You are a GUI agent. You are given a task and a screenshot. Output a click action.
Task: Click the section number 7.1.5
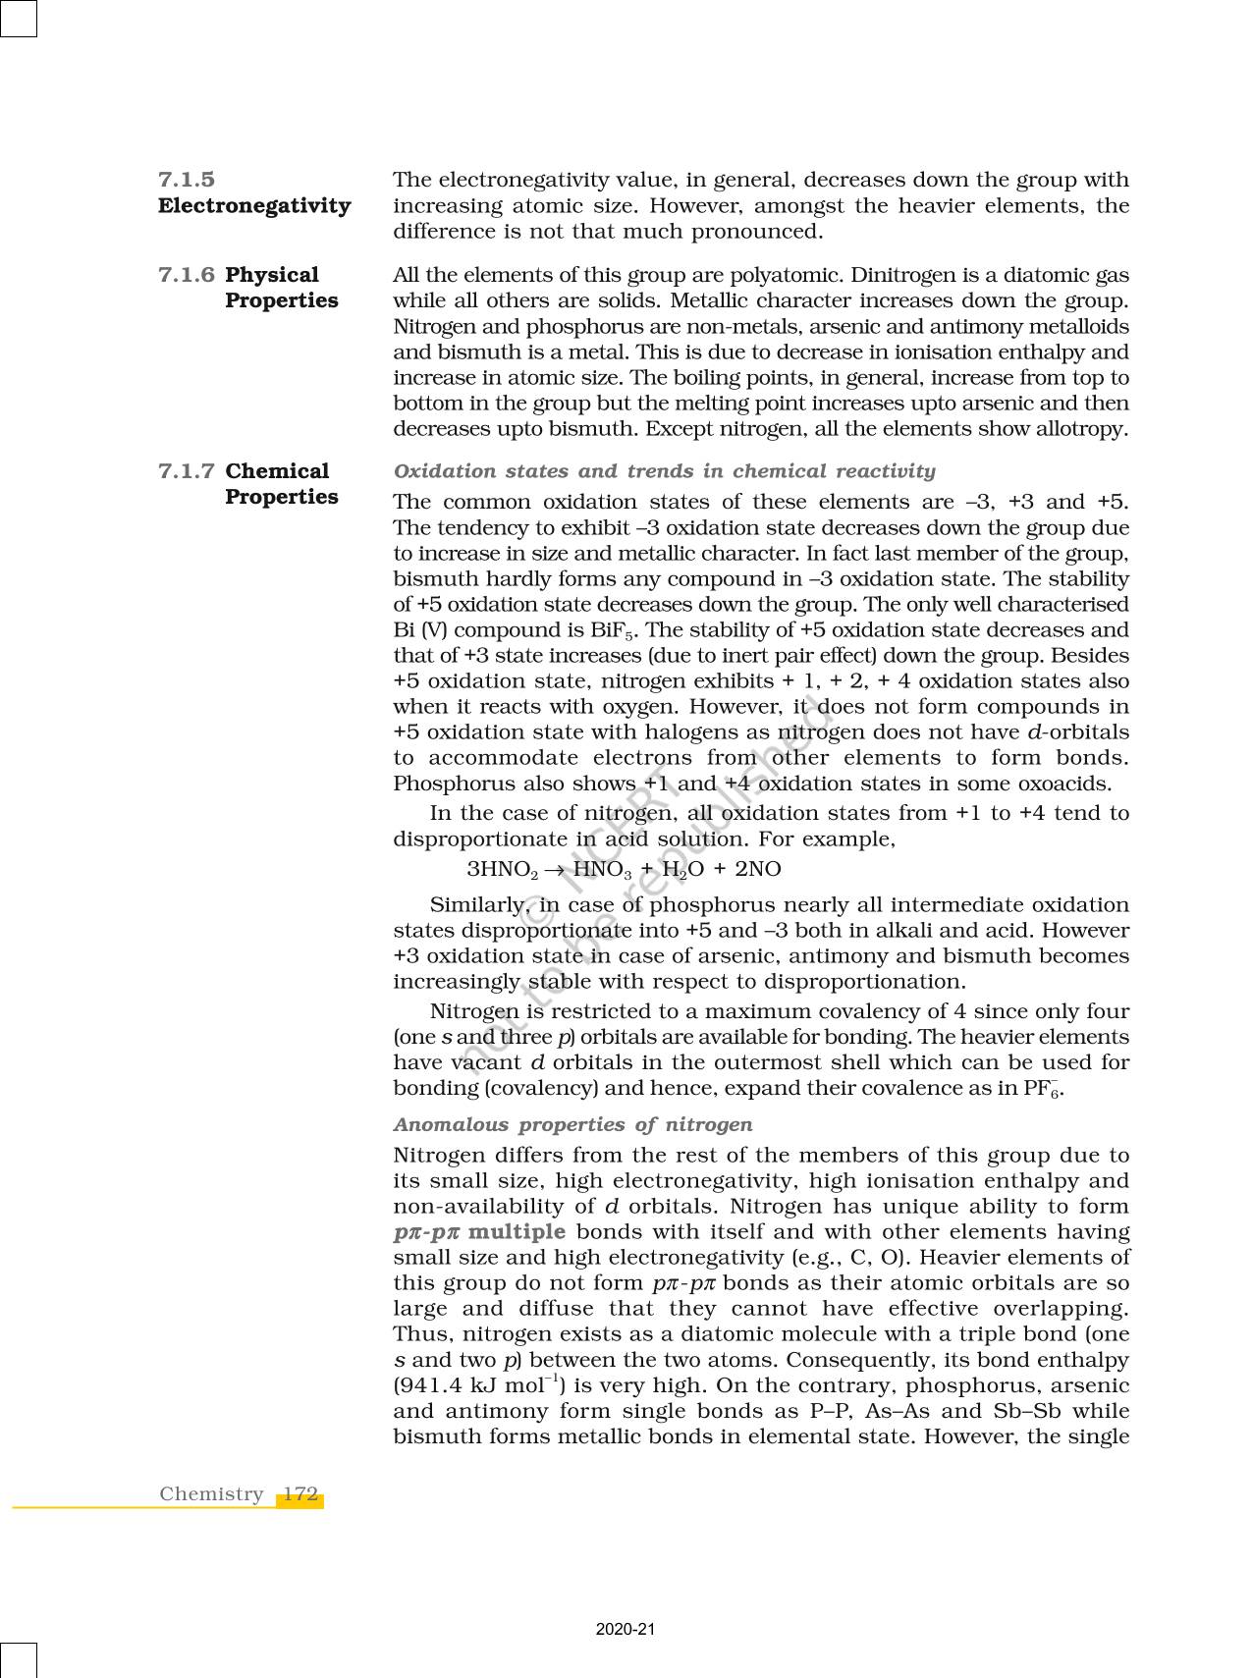click(x=187, y=180)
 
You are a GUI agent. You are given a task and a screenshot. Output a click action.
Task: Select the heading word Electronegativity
click(x=254, y=205)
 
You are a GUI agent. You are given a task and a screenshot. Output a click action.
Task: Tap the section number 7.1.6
click(x=187, y=275)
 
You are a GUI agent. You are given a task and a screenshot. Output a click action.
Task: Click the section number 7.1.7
click(x=187, y=471)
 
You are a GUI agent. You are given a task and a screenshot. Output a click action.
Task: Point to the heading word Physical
click(x=272, y=275)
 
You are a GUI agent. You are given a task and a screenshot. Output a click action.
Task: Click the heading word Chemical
click(x=277, y=471)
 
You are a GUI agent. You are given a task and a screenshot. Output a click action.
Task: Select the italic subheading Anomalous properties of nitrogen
click(x=572, y=1124)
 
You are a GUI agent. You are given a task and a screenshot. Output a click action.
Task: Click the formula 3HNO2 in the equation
click(x=502, y=870)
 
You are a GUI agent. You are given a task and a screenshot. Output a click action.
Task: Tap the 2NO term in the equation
click(x=758, y=869)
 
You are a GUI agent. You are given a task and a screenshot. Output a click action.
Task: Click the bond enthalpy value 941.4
click(x=428, y=1385)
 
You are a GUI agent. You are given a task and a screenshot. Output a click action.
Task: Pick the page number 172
click(x=300, y=1494)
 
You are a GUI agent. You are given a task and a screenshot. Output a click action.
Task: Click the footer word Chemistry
click(x=211, y=1494)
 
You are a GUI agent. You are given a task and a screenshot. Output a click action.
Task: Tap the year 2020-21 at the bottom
click(x=626, y=1630)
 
